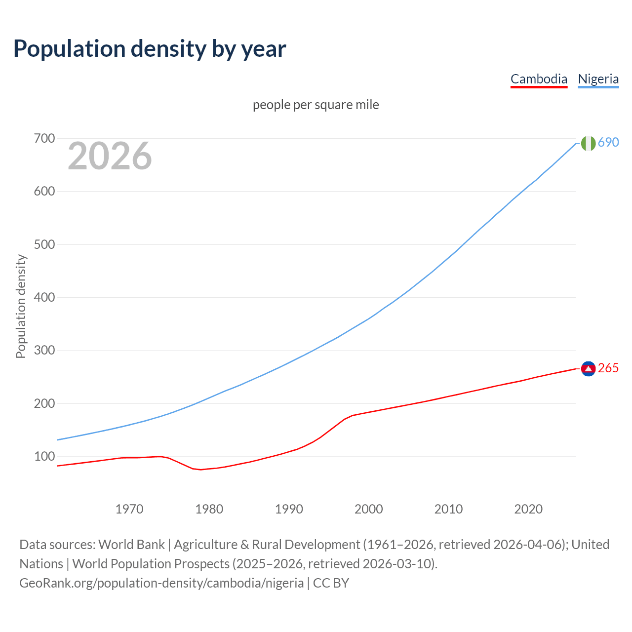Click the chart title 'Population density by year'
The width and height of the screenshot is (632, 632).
(x=150, y=49)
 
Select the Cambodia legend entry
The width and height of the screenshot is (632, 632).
(x=539, y=79)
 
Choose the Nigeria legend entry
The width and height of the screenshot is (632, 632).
(x=598, y=79)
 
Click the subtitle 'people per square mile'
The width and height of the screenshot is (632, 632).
(x=316, y=105)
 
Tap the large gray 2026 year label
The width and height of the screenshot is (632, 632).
(x=110, y=156)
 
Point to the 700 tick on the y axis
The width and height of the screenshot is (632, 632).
(x=44, y=138)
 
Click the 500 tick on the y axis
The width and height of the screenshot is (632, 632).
(x=44, y=244)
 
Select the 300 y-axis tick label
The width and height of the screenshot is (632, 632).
(x=44, y=351)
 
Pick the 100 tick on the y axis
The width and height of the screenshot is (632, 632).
(x=44, y=457)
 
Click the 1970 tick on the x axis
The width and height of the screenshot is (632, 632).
(x=129, y=509)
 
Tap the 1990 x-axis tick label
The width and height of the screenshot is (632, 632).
(x=289, y=509)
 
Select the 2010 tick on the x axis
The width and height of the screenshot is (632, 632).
(x=448, y=509)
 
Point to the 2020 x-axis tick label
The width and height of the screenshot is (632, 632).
(x=528, y=509)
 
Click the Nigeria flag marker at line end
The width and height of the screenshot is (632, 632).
(x=588, y=143)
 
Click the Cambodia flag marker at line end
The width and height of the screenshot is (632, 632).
(x=588, y=368)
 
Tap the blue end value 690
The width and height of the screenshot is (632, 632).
(x=608, y=142)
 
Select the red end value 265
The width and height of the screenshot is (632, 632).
(x=608, y=368)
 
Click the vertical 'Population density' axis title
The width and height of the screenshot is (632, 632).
(x=21, y=306)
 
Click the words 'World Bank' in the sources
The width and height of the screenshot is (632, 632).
(x=131, y=544)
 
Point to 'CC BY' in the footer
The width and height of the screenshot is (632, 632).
(x=331, y=583)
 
